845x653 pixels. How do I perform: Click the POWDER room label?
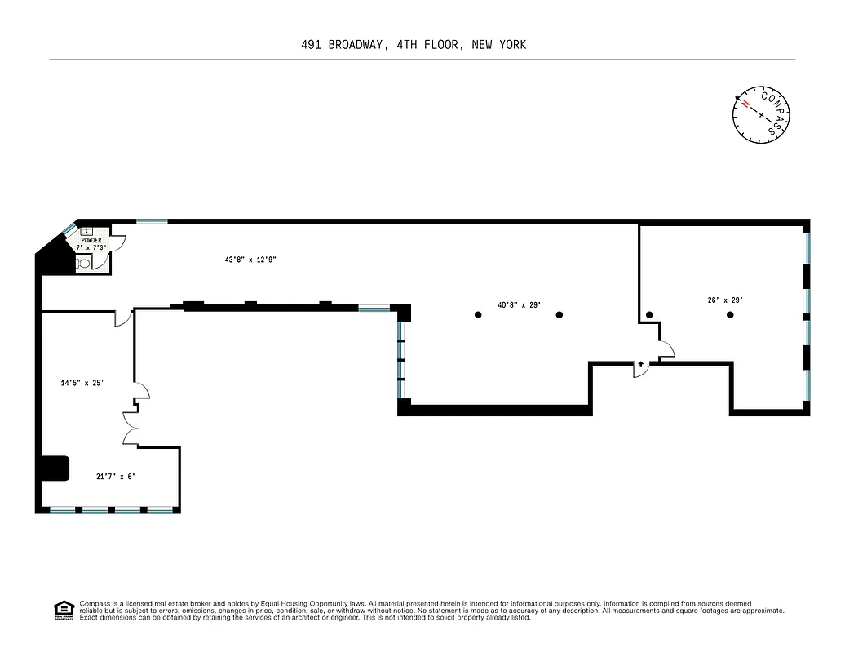91,241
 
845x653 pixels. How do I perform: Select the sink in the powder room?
86,231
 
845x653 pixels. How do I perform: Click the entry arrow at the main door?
641,364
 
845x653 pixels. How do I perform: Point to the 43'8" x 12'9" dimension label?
251,260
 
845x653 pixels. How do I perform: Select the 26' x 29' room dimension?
724,300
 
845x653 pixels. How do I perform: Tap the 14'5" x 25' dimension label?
82,382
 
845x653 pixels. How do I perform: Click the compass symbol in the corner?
762,115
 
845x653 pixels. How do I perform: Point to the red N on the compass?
745,104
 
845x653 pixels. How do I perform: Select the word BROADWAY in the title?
356,45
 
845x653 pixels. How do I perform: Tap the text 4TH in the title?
408,45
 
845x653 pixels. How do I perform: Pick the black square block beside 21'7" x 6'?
55,469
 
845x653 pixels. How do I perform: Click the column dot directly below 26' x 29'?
729,314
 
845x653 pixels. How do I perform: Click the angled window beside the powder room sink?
69,229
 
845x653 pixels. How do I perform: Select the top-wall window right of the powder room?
152,221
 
